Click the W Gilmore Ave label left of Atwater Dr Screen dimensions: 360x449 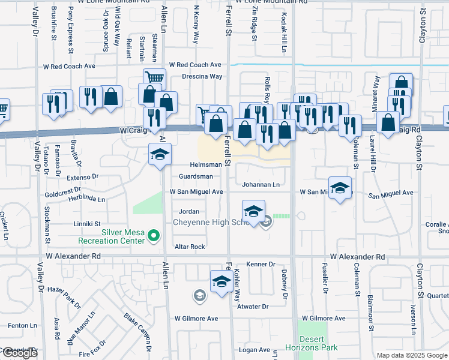[196, 319]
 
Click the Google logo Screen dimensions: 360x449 [20, 353]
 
